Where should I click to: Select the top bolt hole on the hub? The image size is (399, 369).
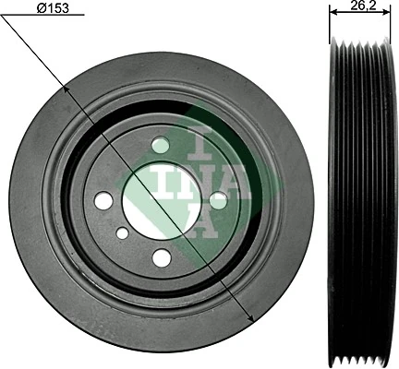point(162,145)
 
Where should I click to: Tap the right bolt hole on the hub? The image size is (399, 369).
point(218,199)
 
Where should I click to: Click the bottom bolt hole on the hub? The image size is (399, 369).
point(162,257)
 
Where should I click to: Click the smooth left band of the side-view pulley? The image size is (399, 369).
point(336,184)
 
